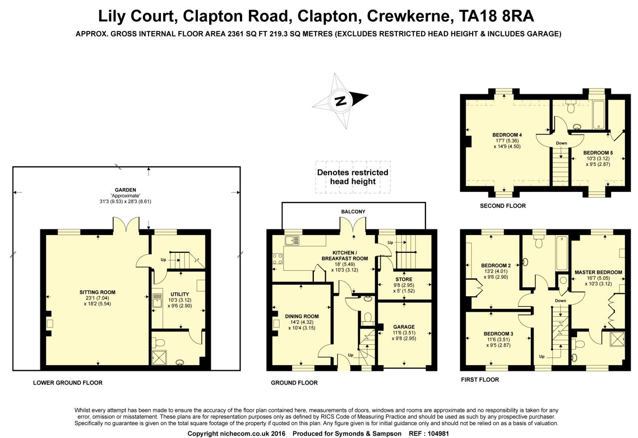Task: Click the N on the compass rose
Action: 341,100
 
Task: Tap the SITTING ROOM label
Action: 97,292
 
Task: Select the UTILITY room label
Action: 180,294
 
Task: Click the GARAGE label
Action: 404,327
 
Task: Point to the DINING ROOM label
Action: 302,316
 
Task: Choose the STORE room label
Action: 404,279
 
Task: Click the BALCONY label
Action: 353,212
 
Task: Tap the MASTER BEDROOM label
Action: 598,272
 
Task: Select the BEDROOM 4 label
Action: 507,135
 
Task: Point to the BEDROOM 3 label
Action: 498,334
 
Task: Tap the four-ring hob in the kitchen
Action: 277,259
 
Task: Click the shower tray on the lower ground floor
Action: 159,358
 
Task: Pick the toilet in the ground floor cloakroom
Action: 368,317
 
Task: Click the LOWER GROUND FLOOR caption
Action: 68,383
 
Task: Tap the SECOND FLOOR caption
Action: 503,206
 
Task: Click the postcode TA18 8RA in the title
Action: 496,16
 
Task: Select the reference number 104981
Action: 439,434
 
